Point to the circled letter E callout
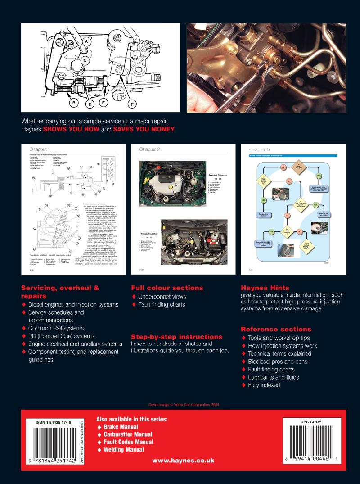(103, 103)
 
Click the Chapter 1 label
(40, 149)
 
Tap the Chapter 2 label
(150, 149)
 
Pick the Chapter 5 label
(260, 149)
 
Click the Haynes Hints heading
(265, 288)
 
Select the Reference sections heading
(276, 329)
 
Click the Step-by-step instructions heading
(170, 336)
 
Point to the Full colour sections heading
(167, 288)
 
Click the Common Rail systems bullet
(56, 328)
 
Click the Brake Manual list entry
(121, 426)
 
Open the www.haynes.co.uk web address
(183, 461)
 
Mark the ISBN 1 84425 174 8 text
(54, 422)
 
